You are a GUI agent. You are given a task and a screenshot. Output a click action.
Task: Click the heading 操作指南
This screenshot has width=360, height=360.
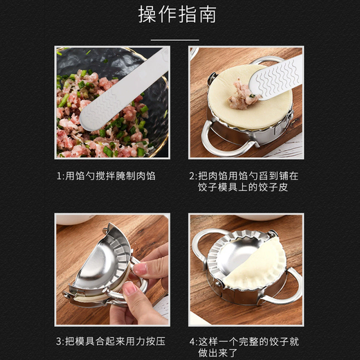coord(179,15)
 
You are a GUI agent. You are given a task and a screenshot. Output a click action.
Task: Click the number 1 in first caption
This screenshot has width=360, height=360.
coord(59,176)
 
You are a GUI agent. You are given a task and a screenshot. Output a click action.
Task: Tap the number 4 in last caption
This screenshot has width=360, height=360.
coord(192,341)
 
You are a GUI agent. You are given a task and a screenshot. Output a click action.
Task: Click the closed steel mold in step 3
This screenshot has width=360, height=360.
coord(104,267)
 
